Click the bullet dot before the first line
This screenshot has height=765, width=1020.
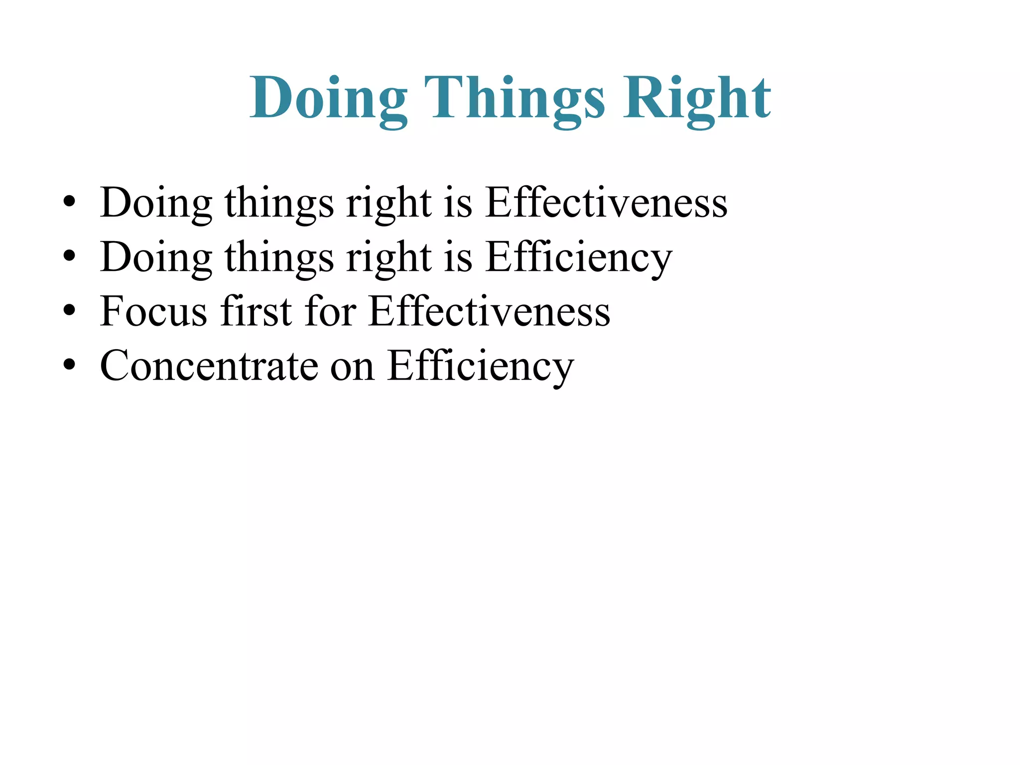(69, 202)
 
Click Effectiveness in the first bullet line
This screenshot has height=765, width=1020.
(606, 202)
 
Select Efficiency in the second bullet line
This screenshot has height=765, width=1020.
(578, 257)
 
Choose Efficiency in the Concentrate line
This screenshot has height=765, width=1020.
(480, 366)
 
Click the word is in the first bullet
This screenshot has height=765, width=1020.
(457, 202)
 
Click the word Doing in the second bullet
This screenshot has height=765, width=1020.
(155, 257)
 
